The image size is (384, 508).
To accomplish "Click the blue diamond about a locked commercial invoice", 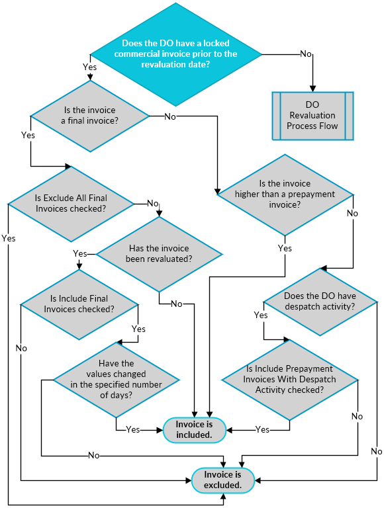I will tap(175, 54).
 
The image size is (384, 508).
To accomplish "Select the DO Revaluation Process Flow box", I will tap(312, 116).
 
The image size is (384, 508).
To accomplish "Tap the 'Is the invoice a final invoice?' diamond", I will tap(90, 116).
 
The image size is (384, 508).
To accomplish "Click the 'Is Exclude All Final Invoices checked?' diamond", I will tap(70, 202).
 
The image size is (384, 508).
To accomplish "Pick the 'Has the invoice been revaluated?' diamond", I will tap(159, 253).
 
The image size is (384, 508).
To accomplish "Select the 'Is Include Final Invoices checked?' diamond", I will tap(79, 304).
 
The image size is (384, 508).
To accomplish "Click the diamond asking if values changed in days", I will tap(116, 380).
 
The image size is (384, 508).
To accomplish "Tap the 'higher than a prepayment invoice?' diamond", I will tap(285, 194).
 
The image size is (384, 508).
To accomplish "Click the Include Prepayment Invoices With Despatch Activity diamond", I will tap(289, 379).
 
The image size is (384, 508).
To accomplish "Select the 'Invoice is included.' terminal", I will tap(194, 429).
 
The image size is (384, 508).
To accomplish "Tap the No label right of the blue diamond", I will tap(306, 54).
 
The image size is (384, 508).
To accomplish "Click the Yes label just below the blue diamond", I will tap(89, 67).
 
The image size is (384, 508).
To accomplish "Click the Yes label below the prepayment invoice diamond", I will tap(285, 248).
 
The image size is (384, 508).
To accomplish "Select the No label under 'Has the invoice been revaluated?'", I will tap(177, 304).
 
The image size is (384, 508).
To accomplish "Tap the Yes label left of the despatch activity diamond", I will tap(261, 315).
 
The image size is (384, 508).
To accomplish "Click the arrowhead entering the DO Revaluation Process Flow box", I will tap(312, 87).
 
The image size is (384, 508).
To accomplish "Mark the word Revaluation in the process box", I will tap(312, 116).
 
